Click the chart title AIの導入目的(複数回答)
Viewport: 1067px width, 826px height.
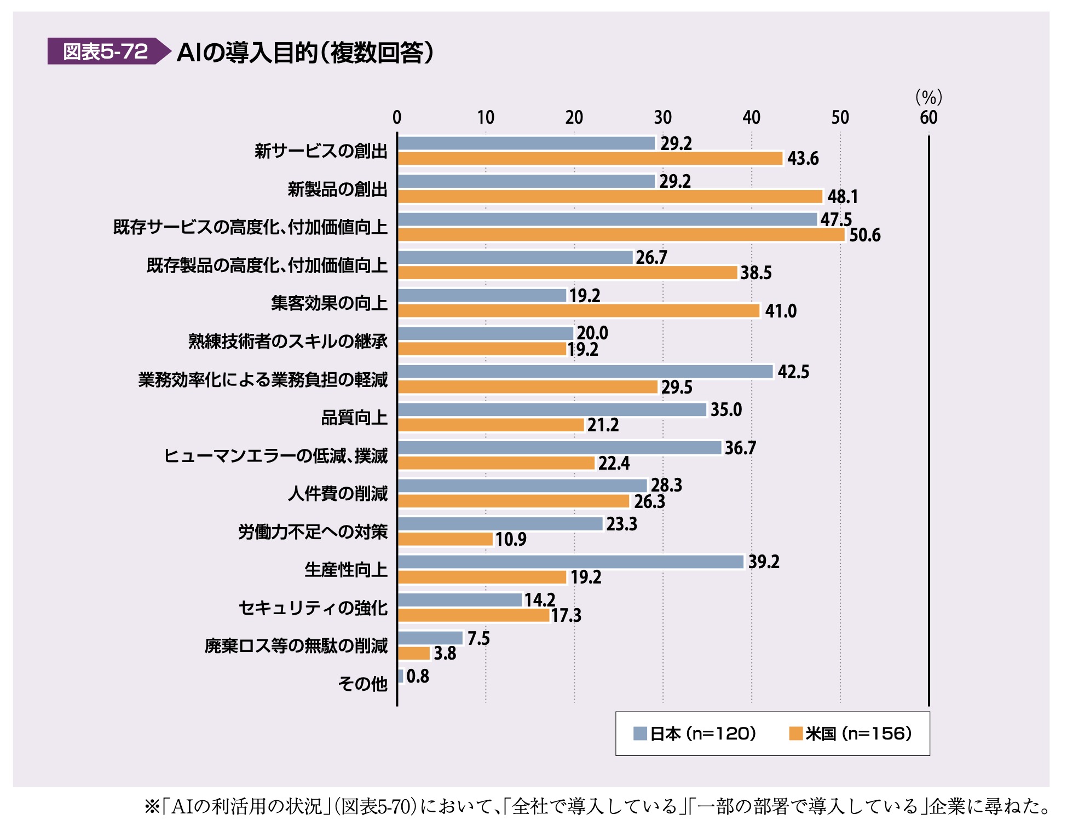point(305,53)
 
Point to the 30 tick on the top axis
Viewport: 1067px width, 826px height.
point(662,117)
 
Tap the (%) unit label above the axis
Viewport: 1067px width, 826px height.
point(928,97)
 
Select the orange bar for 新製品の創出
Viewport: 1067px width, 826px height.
point(610,197)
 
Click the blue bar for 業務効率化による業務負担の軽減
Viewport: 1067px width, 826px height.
point(585,372)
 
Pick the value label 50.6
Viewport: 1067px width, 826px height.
point(865,235)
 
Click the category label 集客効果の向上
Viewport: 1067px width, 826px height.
point(329,303)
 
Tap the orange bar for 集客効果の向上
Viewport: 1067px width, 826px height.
point(579,311)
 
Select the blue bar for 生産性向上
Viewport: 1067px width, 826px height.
point(570,562)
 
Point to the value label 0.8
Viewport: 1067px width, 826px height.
point(418,677)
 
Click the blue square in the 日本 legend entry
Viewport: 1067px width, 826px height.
point(640,733)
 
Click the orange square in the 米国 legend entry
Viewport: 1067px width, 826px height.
point(795,733)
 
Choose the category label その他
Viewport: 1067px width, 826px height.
point(362,684)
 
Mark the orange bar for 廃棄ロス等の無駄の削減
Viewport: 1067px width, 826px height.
point(414,654)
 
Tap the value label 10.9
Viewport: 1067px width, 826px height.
point(511,540)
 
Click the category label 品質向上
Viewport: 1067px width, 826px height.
point(354,418)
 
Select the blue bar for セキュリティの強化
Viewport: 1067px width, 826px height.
point(460,600)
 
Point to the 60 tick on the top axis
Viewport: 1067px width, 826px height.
point(928,117)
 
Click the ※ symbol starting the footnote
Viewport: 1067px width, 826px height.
point(152,806)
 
